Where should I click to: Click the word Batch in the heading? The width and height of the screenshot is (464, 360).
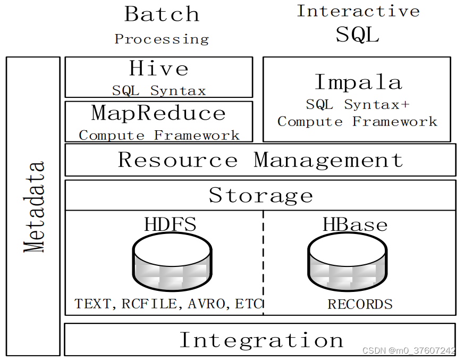tap(162, 14)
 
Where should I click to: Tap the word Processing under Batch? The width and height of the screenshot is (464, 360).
tap(162, 39)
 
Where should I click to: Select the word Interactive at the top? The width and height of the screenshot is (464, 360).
tap(358, 11)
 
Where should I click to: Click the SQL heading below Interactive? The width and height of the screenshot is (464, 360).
tap(358, 35)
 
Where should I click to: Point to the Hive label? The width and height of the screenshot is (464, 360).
tap(158, 69)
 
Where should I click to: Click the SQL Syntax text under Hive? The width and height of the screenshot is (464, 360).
tap(158, 90)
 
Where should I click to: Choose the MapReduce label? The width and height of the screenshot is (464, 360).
tap(158, 113)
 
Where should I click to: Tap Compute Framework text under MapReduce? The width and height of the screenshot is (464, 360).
tap(159, 135)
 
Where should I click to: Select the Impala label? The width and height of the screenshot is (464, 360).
tap(358, 82)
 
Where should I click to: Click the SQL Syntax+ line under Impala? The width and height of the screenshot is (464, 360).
tap(358, 104)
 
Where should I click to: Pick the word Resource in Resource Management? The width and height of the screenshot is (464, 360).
tap(178, 160)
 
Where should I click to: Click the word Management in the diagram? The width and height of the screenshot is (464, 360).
tap(328, 160)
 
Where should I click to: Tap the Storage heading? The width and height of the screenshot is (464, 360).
tap(260, 195)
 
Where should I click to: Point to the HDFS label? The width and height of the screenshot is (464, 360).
tap(170, 224)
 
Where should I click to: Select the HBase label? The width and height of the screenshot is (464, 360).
tap(355, 224)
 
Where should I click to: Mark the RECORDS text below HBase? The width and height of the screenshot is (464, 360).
tap(360, 304)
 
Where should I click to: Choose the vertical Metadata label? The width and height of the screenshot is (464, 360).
tap(35, 206)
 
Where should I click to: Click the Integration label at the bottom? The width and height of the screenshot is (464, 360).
tap(260, 340)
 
